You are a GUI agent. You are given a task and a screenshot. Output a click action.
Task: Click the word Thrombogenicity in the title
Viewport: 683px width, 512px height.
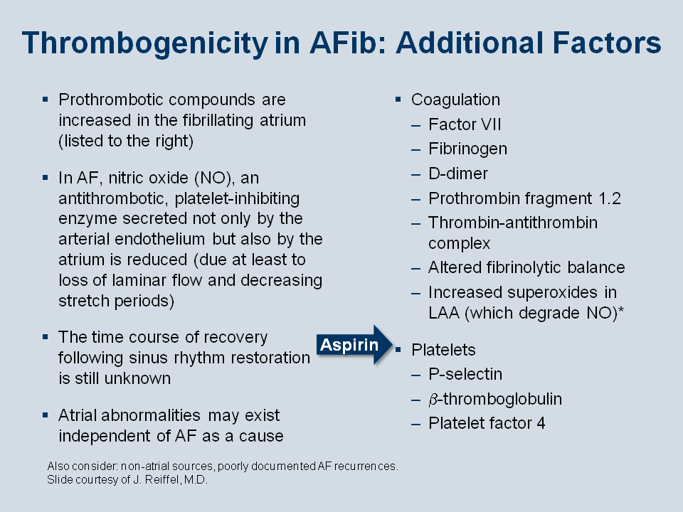(x=144, y=43)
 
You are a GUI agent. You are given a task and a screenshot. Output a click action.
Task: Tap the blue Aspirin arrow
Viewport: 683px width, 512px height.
(x=354, y=345)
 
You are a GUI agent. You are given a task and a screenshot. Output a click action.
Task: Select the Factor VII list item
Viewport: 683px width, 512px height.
(x=465, y=124)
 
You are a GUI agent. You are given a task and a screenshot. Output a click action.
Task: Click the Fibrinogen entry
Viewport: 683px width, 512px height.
(x=468, y=149)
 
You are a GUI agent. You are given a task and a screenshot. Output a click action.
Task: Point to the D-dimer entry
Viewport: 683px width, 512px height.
(x=457, y=174)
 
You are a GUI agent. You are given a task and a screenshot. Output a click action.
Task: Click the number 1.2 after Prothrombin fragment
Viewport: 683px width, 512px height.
(x=610, y=198)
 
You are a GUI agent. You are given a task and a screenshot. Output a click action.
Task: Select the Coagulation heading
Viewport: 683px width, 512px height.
(x=455, y=100)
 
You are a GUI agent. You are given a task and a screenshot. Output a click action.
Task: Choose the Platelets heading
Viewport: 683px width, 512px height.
(x=443, y=350)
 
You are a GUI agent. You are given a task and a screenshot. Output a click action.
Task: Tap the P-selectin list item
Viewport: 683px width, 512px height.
(x=465, y=375)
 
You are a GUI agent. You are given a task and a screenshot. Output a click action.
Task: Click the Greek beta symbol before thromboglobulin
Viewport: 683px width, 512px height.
(x=433, y=400)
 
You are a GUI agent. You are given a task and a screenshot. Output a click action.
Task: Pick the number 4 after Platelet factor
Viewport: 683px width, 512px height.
(x=541, y=423)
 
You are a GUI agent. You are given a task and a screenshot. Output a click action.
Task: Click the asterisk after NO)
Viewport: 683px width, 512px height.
(x=620, y=309)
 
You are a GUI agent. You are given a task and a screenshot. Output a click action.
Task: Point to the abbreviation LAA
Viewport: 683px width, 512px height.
(x=444, y=313)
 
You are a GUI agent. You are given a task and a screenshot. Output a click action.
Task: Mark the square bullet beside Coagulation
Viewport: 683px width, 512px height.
(x=398, y=100)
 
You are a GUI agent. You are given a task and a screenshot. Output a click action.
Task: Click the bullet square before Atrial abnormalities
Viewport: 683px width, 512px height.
(x=46, y=415)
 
